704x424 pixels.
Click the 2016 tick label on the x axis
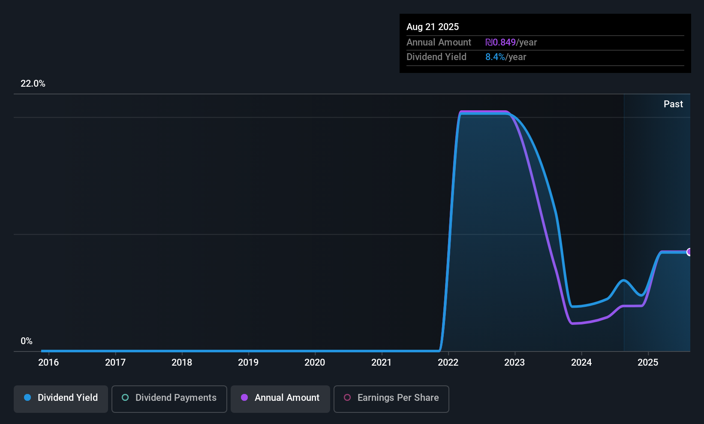48,363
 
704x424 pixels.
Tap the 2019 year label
248,363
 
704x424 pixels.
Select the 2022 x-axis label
448,363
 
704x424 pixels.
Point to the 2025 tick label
648,363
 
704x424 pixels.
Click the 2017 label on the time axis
115,363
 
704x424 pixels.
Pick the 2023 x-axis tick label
514,363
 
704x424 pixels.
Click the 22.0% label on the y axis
33,84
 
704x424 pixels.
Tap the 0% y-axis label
27,341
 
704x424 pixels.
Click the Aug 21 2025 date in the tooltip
433,27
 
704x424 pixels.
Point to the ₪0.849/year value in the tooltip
511,42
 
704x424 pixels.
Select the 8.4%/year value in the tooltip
505,57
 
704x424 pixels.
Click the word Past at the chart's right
673,104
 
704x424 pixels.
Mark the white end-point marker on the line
689,252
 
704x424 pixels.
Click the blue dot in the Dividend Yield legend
27,398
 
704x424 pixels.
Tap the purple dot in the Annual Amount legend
244,398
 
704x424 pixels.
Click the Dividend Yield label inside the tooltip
436,57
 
